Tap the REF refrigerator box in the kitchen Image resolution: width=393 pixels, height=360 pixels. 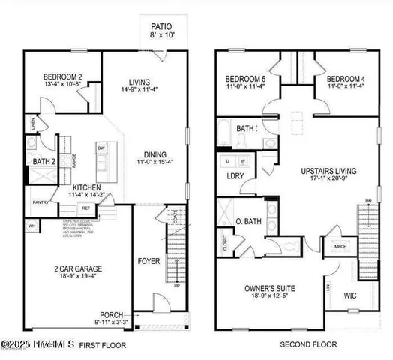pyautogui.click(x=86, y=208)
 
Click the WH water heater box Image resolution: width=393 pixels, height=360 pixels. pyautogui.click(x=31, y=225)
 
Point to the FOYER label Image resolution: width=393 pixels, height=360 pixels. pyautogui.click(x=148, y=262)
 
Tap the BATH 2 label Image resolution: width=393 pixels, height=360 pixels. pyautogui.click(x=42, y=160)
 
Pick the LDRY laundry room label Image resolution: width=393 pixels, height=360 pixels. pyautogui.click(x=235, y=176)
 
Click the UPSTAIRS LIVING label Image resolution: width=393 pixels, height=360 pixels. pyautogui.click(x=323, y=170)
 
